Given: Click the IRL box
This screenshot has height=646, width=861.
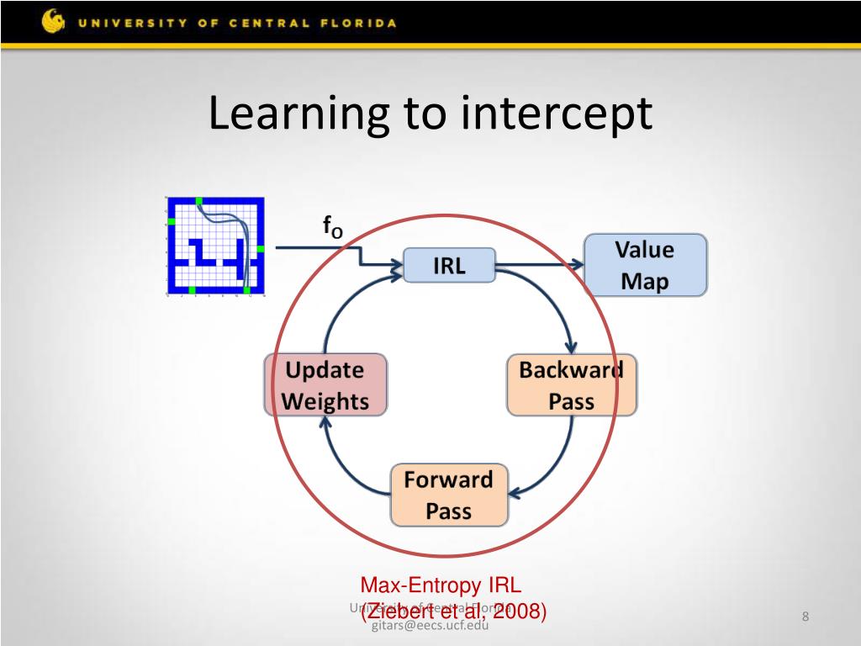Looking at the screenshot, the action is click(449, 266).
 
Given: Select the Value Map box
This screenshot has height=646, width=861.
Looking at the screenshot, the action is click(645, 265).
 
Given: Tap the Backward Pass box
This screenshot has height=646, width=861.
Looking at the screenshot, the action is click(571, 385).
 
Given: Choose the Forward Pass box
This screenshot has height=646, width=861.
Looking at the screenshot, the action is click(449, 495).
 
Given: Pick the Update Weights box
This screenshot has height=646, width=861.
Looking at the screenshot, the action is click(325, 385).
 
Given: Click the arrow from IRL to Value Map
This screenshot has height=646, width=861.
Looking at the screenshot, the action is click(539, 265).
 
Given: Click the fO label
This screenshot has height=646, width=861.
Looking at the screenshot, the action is click(332, 227).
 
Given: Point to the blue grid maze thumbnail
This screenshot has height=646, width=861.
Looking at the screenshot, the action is click(215, 245).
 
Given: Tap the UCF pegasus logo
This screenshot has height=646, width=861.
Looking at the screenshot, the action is click(53, 21).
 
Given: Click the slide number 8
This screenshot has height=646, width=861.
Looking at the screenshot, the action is click(805, 618).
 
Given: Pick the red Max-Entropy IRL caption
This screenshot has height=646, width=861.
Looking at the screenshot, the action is click(441, 585).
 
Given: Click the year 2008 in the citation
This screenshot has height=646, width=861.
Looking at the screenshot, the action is click(517, 612).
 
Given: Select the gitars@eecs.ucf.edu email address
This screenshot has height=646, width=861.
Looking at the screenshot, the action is click(430, 623).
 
